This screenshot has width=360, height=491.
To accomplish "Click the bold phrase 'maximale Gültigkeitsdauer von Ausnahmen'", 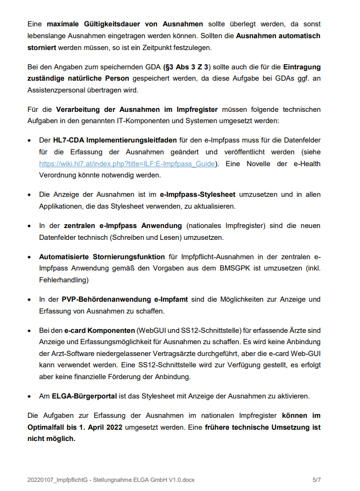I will (125, 24).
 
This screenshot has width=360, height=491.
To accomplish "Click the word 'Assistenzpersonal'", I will (58, 90).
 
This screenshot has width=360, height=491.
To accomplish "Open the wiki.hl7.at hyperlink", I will (127, 163).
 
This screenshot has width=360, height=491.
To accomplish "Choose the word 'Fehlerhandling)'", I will (63, 280).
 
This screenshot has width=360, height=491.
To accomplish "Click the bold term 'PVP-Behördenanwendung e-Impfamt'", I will (125, 299).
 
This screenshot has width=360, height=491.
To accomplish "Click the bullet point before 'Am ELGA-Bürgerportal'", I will (30, 396).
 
